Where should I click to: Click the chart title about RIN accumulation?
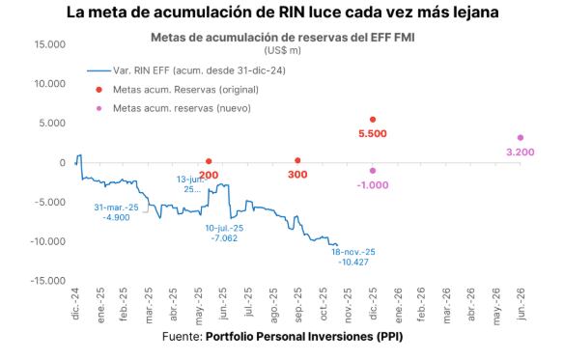click(282, 14)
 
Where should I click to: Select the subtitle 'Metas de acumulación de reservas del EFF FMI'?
click(281, 38)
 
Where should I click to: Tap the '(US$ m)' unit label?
click(281, 49)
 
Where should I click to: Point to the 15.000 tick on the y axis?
click(47, 44)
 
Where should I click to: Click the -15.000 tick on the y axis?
click(45, 281)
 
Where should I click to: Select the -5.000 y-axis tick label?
click(47, 202)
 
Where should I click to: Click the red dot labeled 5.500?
click(373, 120)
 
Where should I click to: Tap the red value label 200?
click(209, 175)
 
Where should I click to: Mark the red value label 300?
click(297, 175)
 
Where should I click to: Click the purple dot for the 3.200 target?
click(521, 138)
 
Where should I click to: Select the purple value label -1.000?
click(372, 184)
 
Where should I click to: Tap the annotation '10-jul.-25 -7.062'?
click(224, 232)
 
